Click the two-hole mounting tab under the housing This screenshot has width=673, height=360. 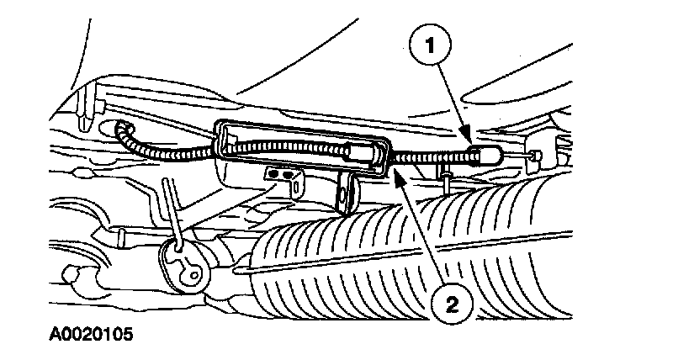point(284,174)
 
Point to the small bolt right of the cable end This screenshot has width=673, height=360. point(533,156)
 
